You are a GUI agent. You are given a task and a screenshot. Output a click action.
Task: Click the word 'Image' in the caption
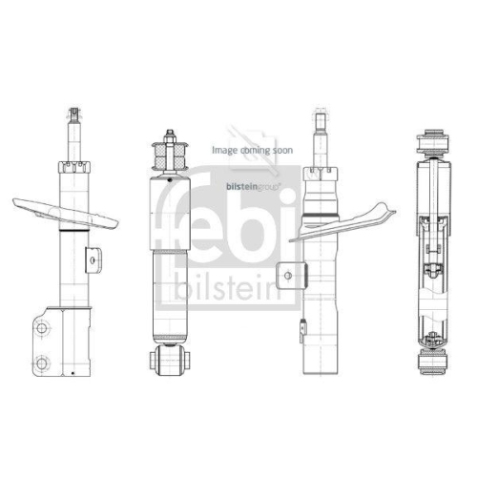point(223,150)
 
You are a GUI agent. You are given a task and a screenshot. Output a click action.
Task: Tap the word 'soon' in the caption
point(282,150)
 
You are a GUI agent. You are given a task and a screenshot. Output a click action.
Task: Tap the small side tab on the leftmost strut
point(93,258)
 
